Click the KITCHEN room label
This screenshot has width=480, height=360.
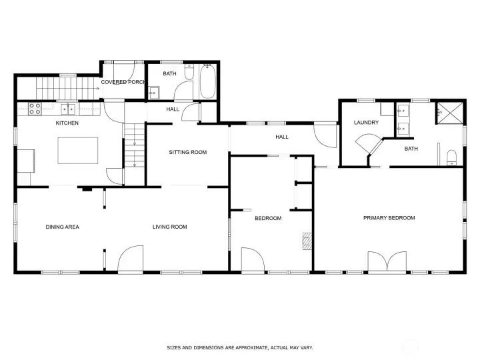(67, 123)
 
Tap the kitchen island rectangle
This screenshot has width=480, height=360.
(78, 150)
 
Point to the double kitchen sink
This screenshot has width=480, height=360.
(68, 109)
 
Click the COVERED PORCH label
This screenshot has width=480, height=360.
(123, 82)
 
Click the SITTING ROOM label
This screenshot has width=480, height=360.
(187, 153)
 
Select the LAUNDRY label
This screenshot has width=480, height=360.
(366, 123)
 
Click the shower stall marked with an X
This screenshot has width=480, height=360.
(450, 113)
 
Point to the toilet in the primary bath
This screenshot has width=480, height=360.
(451, 158)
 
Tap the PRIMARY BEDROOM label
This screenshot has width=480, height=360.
(389, 218)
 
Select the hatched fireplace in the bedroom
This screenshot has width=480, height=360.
(307, 240)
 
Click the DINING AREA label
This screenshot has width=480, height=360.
(62, 227)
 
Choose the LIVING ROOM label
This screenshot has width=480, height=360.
(169, 227)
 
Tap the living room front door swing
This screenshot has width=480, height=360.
(131, 259)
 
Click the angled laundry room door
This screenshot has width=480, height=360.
(366, 145)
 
